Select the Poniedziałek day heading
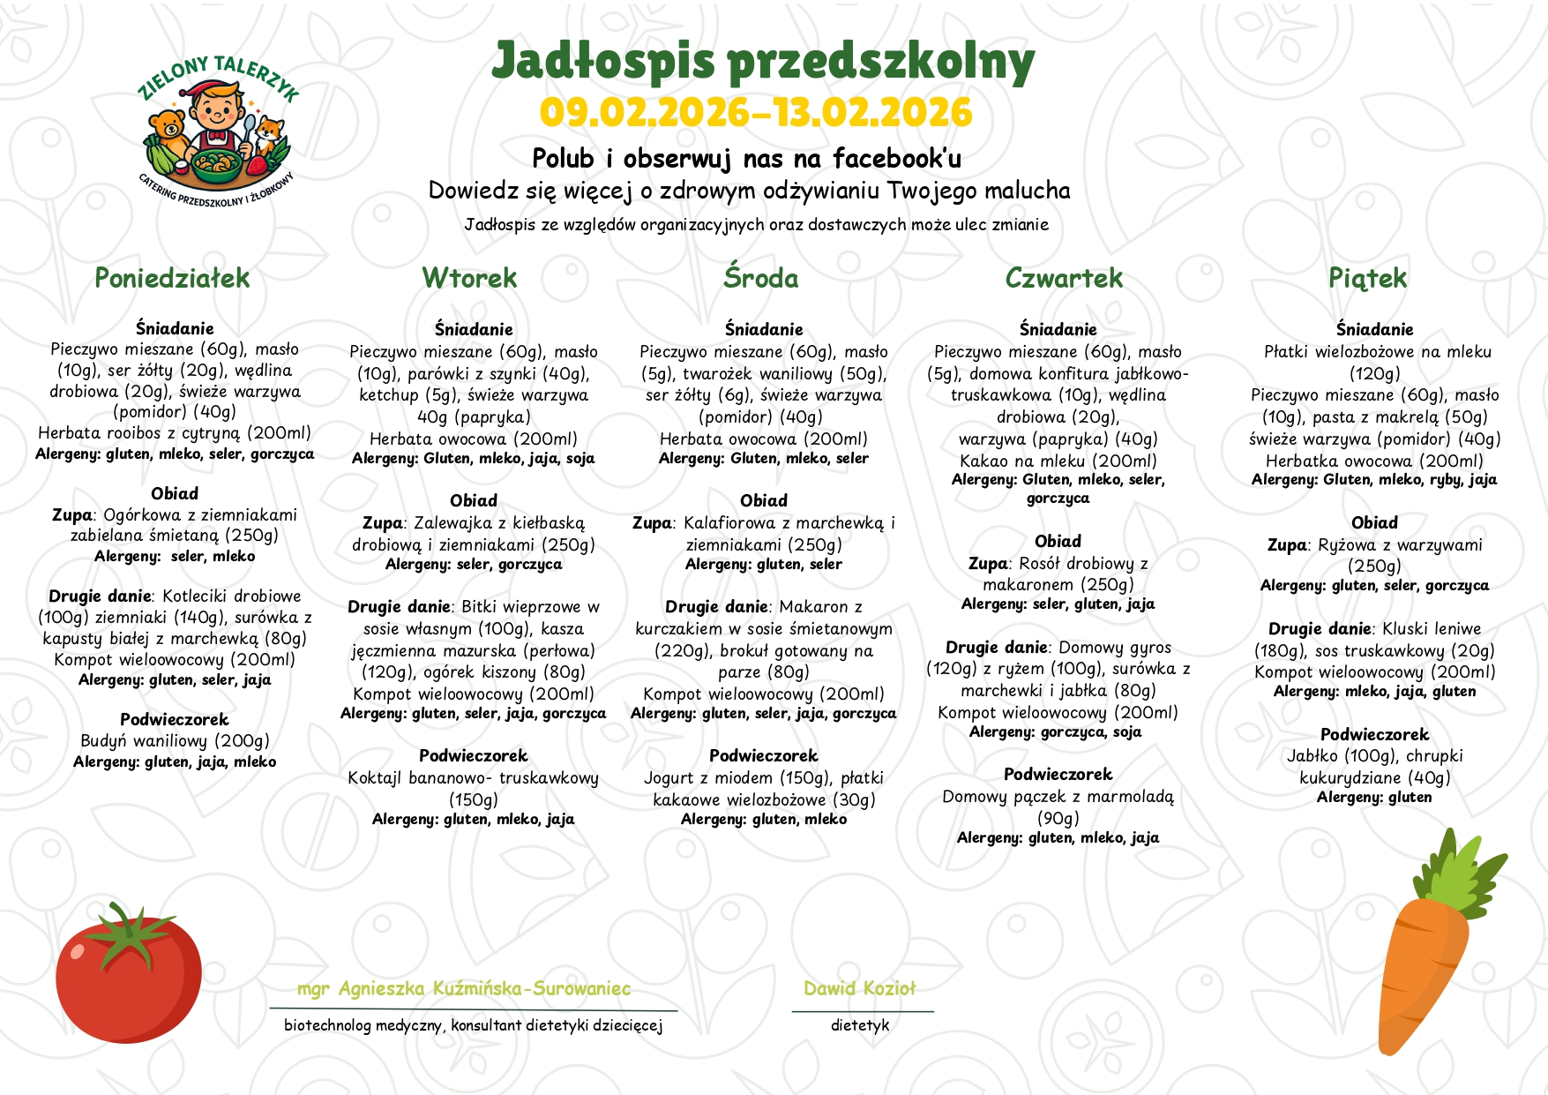point(172,278)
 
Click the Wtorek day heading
point(469,278)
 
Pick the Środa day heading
point(761,278)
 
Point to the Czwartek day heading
point(1064,278)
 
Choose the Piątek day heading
point(1368,278)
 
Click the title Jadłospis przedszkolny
point(762,62)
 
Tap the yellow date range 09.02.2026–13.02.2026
point(756,113)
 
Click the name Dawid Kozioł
point(860,988)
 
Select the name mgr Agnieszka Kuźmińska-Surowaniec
point(464,988)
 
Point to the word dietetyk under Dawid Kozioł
point(860,1025)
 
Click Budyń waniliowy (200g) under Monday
point(175,741)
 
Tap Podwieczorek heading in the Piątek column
point(1374,734)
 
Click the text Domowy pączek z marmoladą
point(1058,797)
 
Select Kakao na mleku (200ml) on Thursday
point(1058,461)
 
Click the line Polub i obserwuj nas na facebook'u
point(746,159)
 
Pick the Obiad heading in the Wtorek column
point(474,500)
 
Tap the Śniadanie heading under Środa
point(764,329)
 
